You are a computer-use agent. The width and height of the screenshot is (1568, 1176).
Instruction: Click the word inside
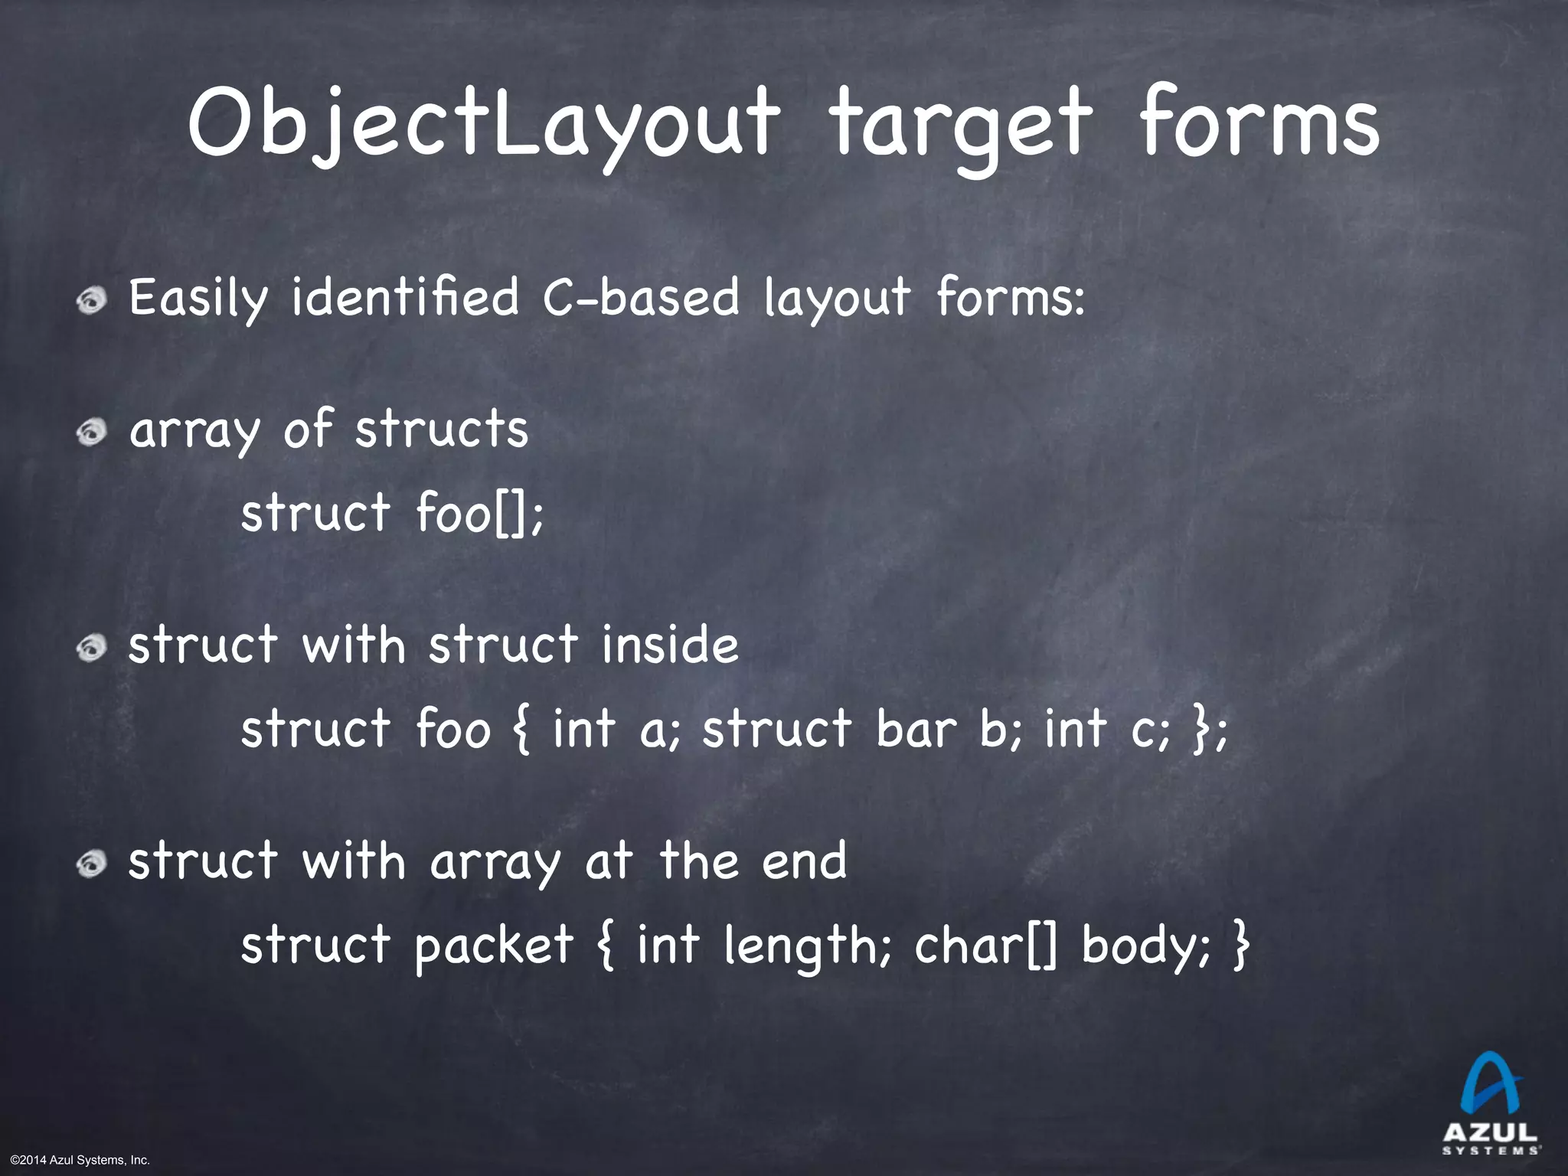click(x=669, y=645)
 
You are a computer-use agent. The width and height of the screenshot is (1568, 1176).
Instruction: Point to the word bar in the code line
click(x=916, y=728)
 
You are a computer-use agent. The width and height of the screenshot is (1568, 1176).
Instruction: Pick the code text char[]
click(x=988, y=946)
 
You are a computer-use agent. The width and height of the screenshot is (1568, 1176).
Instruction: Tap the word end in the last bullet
click(x=804, y=861)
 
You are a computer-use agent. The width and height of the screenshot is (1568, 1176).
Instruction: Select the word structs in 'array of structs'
click(x=442, y=430)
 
